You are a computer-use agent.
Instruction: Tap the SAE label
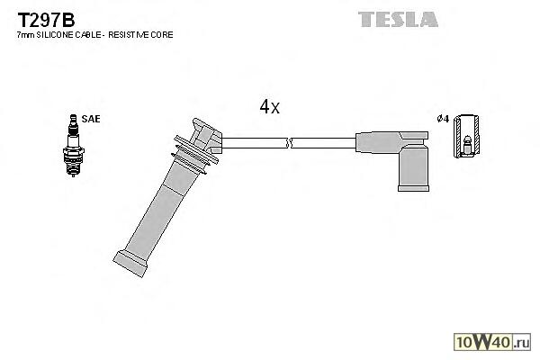(x=91, y=118)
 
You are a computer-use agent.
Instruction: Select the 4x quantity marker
(x=269, y=107)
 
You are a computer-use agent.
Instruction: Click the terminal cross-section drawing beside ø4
(x=466, y=139)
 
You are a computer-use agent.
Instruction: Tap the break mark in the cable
(x=289, y=141)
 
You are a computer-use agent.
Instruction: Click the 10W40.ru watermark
(x=492, y=341)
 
